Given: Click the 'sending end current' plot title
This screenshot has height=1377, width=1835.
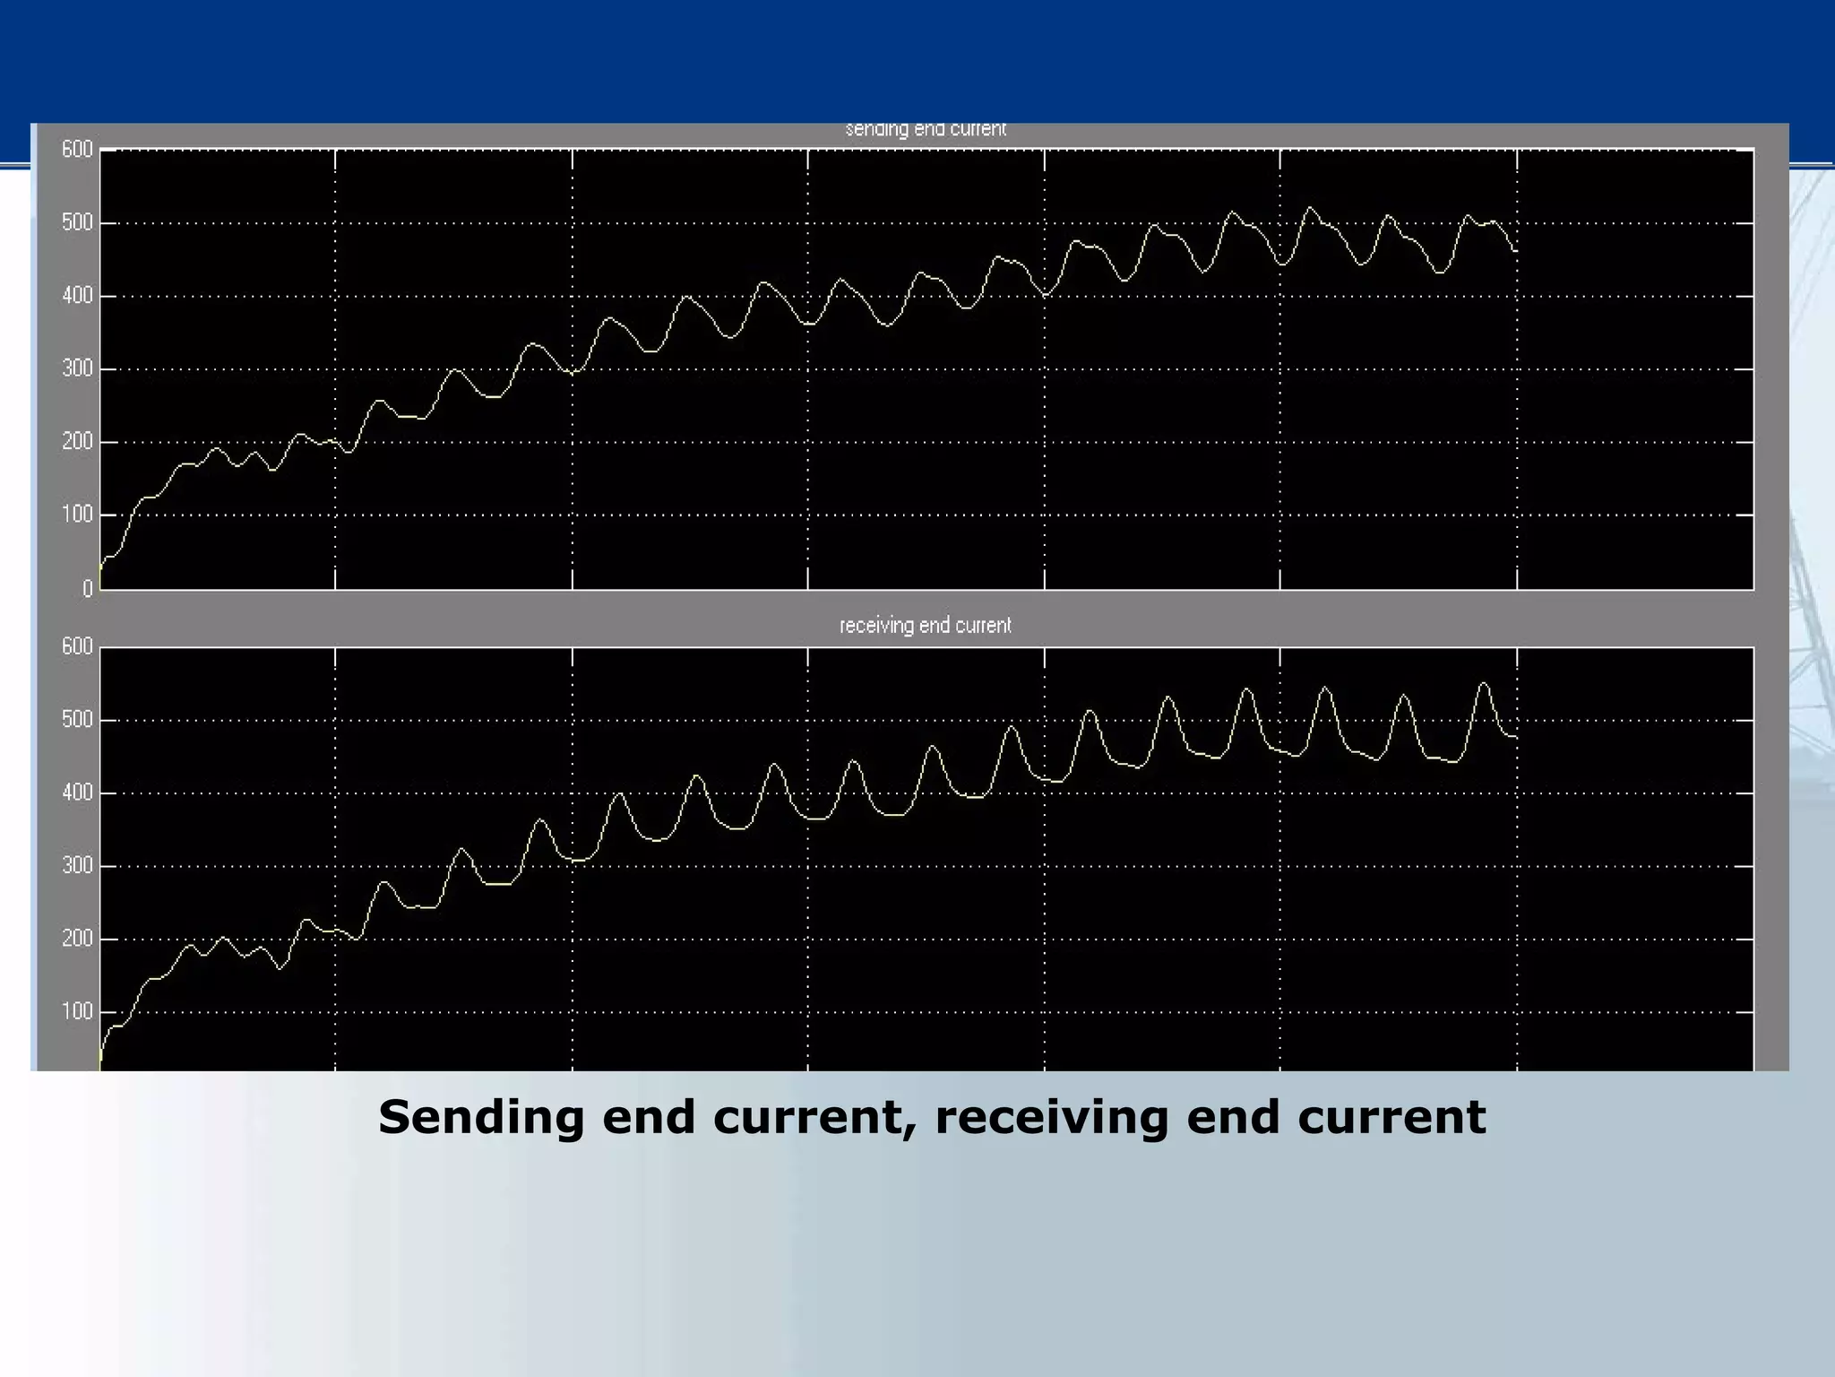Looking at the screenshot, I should click(x=926, y=129).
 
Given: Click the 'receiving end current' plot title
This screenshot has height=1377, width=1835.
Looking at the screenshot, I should click(x=925, y=626).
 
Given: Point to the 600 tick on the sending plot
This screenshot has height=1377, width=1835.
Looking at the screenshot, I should click(x=77, y=150).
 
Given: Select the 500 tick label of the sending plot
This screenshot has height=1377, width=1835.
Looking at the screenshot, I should click(x=77, y=223).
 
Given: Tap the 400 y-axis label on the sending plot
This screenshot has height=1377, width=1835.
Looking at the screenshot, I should click(x=77, y=296).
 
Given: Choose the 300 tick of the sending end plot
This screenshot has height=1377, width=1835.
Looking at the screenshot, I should click(x=77, y=369).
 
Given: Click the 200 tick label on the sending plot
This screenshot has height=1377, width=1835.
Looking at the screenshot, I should click(x=77, y=442).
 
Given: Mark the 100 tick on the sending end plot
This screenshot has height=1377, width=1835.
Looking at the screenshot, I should click(x=77, y=515).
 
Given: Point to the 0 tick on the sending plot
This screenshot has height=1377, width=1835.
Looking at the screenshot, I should click(x=88, y=589).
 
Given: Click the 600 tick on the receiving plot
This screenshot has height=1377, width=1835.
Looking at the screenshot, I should click(x=77, y=647).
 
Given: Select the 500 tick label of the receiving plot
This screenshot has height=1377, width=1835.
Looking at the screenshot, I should click(x=77, y=720).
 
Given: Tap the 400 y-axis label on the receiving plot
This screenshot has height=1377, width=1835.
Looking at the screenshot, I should click(x=77, y=793).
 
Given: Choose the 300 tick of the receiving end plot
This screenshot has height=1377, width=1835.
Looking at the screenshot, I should click(x=77, y=866).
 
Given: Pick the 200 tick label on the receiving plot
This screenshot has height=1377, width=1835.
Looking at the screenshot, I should click(x=77, y=940).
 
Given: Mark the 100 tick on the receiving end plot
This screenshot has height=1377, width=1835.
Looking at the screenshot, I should click(x=77, y=1012).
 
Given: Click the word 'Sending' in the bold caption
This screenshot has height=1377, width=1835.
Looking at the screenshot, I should click(x=480, y=1118).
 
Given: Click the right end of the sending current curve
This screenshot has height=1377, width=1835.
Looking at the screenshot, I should click(x=1515, y=251).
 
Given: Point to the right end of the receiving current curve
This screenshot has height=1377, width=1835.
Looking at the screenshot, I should click(x=1515, y=737).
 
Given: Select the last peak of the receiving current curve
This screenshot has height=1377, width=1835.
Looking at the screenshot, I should click(x=1483, y=684).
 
